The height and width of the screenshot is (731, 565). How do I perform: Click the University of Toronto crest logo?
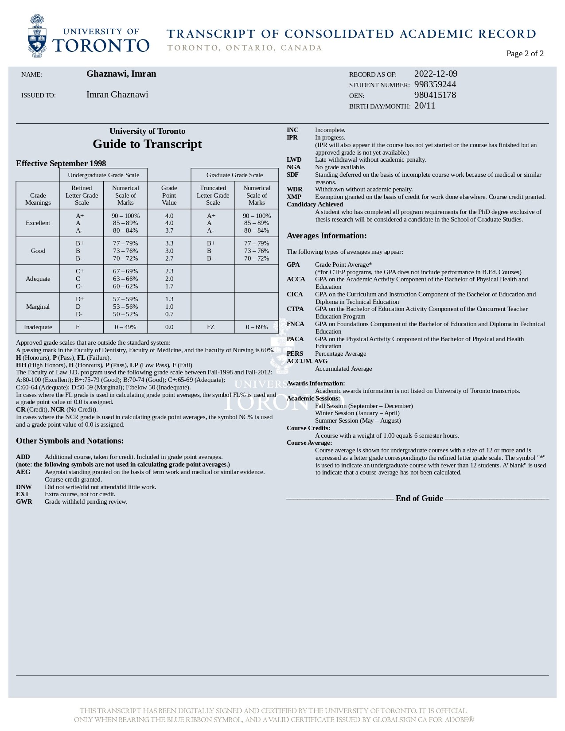[x=37, y=36]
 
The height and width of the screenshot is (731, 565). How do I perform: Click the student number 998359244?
[x=435, y=85]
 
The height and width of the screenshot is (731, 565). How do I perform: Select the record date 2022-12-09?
[x=436, y=74]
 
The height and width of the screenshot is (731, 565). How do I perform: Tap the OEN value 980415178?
[x=435, y=95]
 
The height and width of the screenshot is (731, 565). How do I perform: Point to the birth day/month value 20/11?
[x=425, y=106]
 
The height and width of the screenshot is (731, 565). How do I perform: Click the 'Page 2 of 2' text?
[x=525, y=54]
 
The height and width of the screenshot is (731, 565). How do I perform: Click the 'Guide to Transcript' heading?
[x=147, y=144]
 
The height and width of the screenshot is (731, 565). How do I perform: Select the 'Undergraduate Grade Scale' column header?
[x=103, y=175]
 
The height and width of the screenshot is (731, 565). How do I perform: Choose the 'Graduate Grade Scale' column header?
[x=234, y=175]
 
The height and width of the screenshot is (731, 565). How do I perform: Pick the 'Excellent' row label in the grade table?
[x=38, y=223]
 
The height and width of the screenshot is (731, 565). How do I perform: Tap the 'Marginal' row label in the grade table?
[x=38, y=307]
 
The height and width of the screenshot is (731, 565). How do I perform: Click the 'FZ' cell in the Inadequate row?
[x=210, y=327]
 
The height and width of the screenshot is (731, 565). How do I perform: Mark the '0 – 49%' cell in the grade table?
[x=125, y=327]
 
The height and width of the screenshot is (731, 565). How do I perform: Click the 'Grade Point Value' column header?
[x=169, y=195]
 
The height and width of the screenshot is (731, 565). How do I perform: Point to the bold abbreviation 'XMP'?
[x=294, y=197]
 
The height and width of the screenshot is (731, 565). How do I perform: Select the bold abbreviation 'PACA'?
[x=295, y=339]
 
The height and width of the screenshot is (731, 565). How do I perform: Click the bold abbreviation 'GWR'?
[x=24, y=502]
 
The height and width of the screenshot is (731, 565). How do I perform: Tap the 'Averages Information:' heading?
[x=327, y=236]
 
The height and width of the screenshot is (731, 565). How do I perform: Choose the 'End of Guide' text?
[x=419, y=498]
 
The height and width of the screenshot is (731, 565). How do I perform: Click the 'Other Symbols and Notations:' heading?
[x=70, y=441]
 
